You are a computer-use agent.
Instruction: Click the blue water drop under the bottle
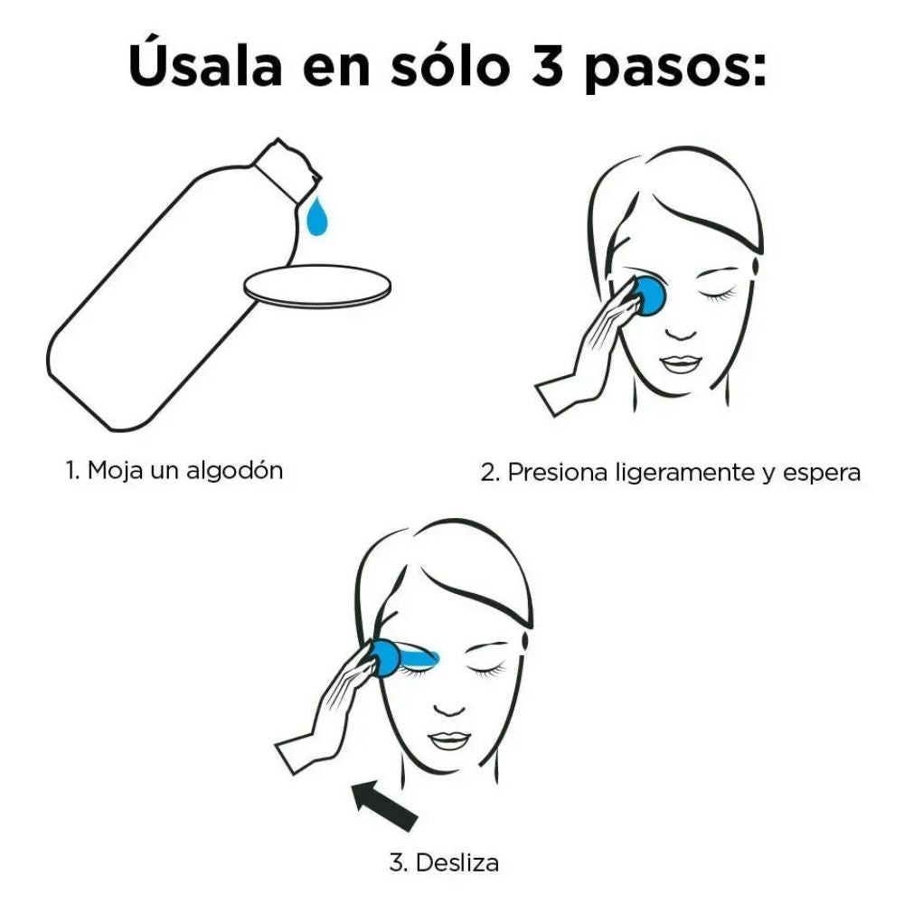317,216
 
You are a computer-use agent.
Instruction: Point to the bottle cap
287,170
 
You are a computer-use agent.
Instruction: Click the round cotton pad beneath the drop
317,285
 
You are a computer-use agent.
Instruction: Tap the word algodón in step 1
235,470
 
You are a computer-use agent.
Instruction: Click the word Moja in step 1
116,470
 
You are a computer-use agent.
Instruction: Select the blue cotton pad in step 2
650,296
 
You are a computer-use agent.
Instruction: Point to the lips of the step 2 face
681,364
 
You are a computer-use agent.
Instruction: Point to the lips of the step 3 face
450,740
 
